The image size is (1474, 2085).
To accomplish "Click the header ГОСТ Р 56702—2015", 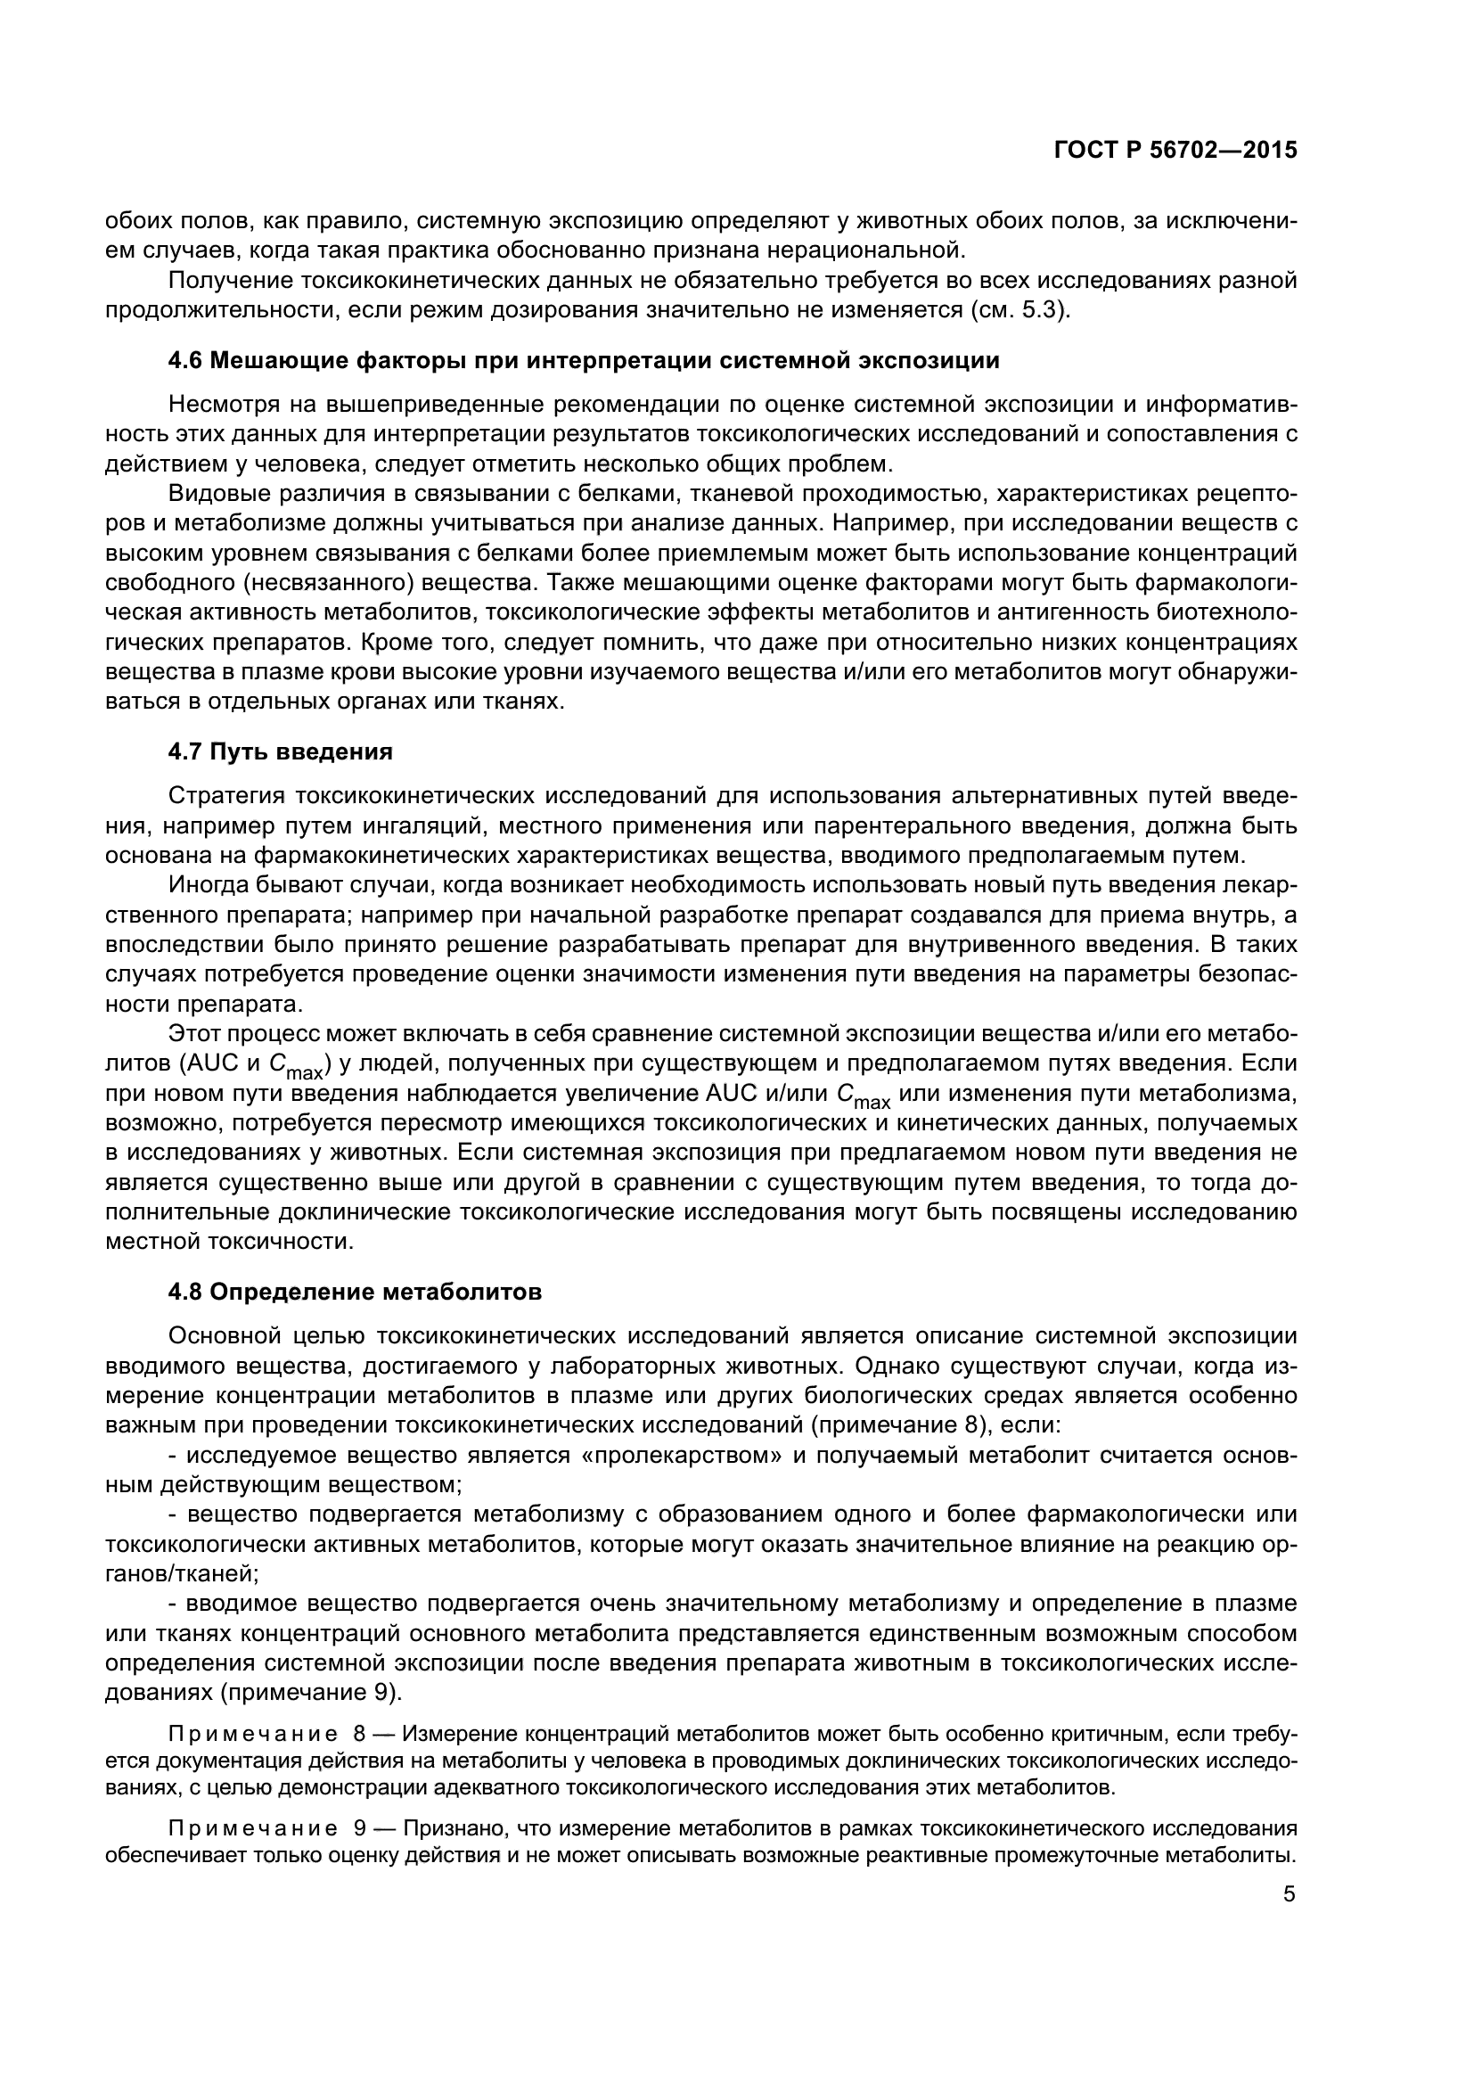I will coord(1175,151).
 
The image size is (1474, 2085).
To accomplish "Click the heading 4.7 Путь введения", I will coord(281,752).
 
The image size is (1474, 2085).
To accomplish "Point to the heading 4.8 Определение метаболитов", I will coord(355,1292).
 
